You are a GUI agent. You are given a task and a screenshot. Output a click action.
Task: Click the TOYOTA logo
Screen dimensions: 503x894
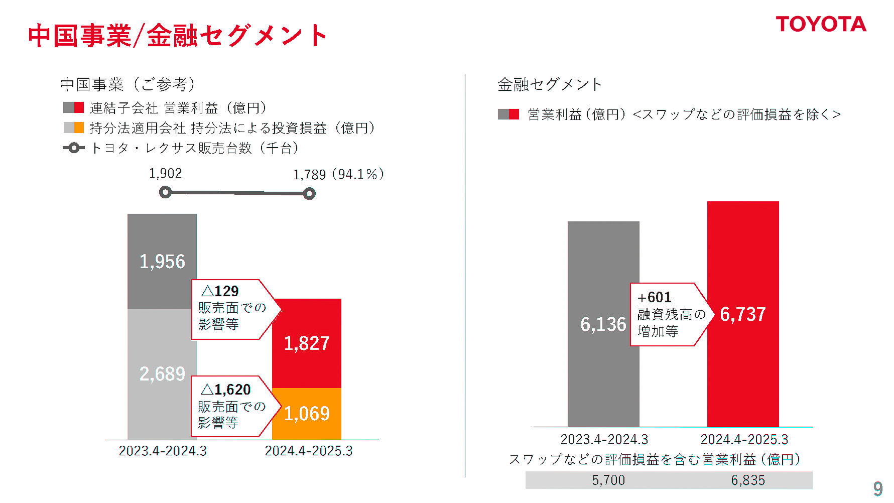821,24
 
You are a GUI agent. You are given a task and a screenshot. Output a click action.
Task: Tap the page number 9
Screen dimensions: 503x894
877,488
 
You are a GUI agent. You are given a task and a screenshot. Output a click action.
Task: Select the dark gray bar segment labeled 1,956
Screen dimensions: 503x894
162,261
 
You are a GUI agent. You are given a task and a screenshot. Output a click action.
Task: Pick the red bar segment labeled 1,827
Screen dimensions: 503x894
307,343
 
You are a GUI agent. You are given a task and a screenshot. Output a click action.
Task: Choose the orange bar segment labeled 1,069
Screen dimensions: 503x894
307,414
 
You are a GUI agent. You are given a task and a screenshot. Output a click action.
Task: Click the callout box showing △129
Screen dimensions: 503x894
231,309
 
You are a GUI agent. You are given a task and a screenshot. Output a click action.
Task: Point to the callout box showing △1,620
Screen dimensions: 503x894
231,406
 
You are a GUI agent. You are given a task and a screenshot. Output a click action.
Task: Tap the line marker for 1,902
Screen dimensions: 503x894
165,192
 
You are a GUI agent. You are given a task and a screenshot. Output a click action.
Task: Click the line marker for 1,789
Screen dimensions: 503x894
309,194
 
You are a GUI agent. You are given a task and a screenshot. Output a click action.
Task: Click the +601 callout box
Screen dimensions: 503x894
669,314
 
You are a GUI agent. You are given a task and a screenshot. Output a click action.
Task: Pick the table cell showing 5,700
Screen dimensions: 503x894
608,480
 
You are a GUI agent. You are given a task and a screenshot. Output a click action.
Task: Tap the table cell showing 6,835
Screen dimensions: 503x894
748,480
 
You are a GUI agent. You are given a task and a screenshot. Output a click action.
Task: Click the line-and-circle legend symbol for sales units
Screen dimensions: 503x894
74,148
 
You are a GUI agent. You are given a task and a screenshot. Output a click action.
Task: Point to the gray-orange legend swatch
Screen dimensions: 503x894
74,128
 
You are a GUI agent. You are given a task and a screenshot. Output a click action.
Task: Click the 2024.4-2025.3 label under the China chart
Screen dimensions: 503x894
308,451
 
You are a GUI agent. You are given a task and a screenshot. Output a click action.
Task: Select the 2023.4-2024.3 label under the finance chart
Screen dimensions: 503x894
604,440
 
